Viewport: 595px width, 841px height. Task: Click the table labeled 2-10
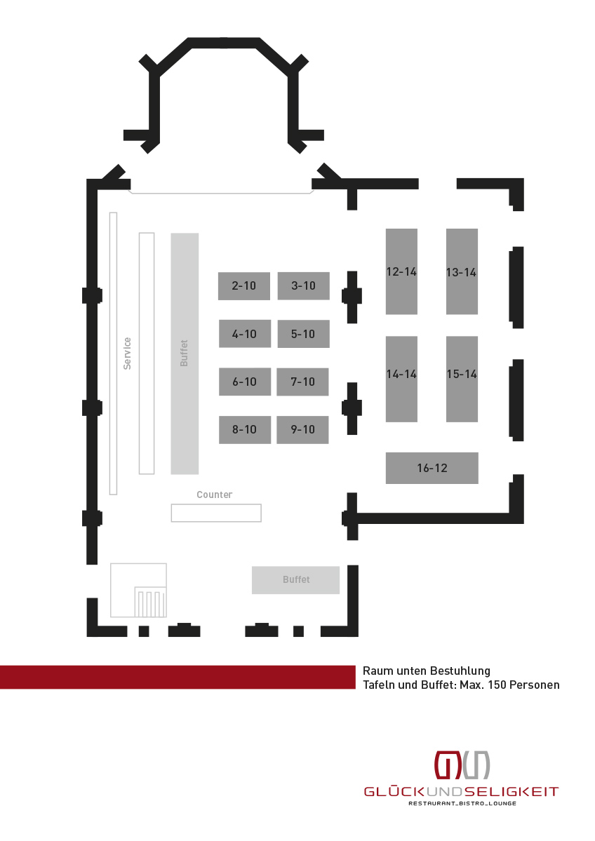point(244,286)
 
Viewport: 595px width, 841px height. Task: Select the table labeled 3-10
point(303,286)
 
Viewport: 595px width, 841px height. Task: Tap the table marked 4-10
point(245,334)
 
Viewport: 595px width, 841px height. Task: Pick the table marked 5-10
point(303,334)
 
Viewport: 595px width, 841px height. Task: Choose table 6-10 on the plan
point(245,382)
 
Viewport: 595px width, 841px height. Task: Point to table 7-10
point(302,382)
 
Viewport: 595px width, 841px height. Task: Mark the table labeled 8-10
point(245,429)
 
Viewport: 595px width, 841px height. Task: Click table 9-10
point(302,429)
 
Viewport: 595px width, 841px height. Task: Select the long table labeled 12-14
point(401,271)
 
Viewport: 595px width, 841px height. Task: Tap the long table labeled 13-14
point(462,271)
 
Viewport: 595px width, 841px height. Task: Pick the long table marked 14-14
point(401,379)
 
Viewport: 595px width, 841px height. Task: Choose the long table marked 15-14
point(462,379)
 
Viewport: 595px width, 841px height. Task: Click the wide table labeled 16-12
point(432,469)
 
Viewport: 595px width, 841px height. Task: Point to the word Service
point(127,354)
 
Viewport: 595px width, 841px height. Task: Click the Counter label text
point(214,494)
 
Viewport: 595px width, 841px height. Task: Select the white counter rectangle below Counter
point(216,513)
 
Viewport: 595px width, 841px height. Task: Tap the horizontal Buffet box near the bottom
point(295,580)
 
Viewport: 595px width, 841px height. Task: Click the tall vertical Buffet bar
point(185,354)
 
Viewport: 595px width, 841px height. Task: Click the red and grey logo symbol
point(462,765)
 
